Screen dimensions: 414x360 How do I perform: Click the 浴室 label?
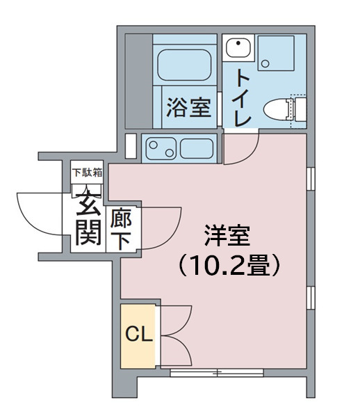pyautogui.click(x=188, y=108)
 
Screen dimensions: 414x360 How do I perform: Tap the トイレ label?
pyautogui.click(x=242, y=97)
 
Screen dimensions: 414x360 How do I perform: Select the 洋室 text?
pyautogui.click(x=226, y=237)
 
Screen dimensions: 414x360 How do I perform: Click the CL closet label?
pyautogui.click(x=139, y=335)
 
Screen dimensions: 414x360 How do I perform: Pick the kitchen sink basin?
pyautogui.click(x=195, y=148)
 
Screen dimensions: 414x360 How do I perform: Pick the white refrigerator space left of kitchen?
pyautogui.click(x=131, y=146)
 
